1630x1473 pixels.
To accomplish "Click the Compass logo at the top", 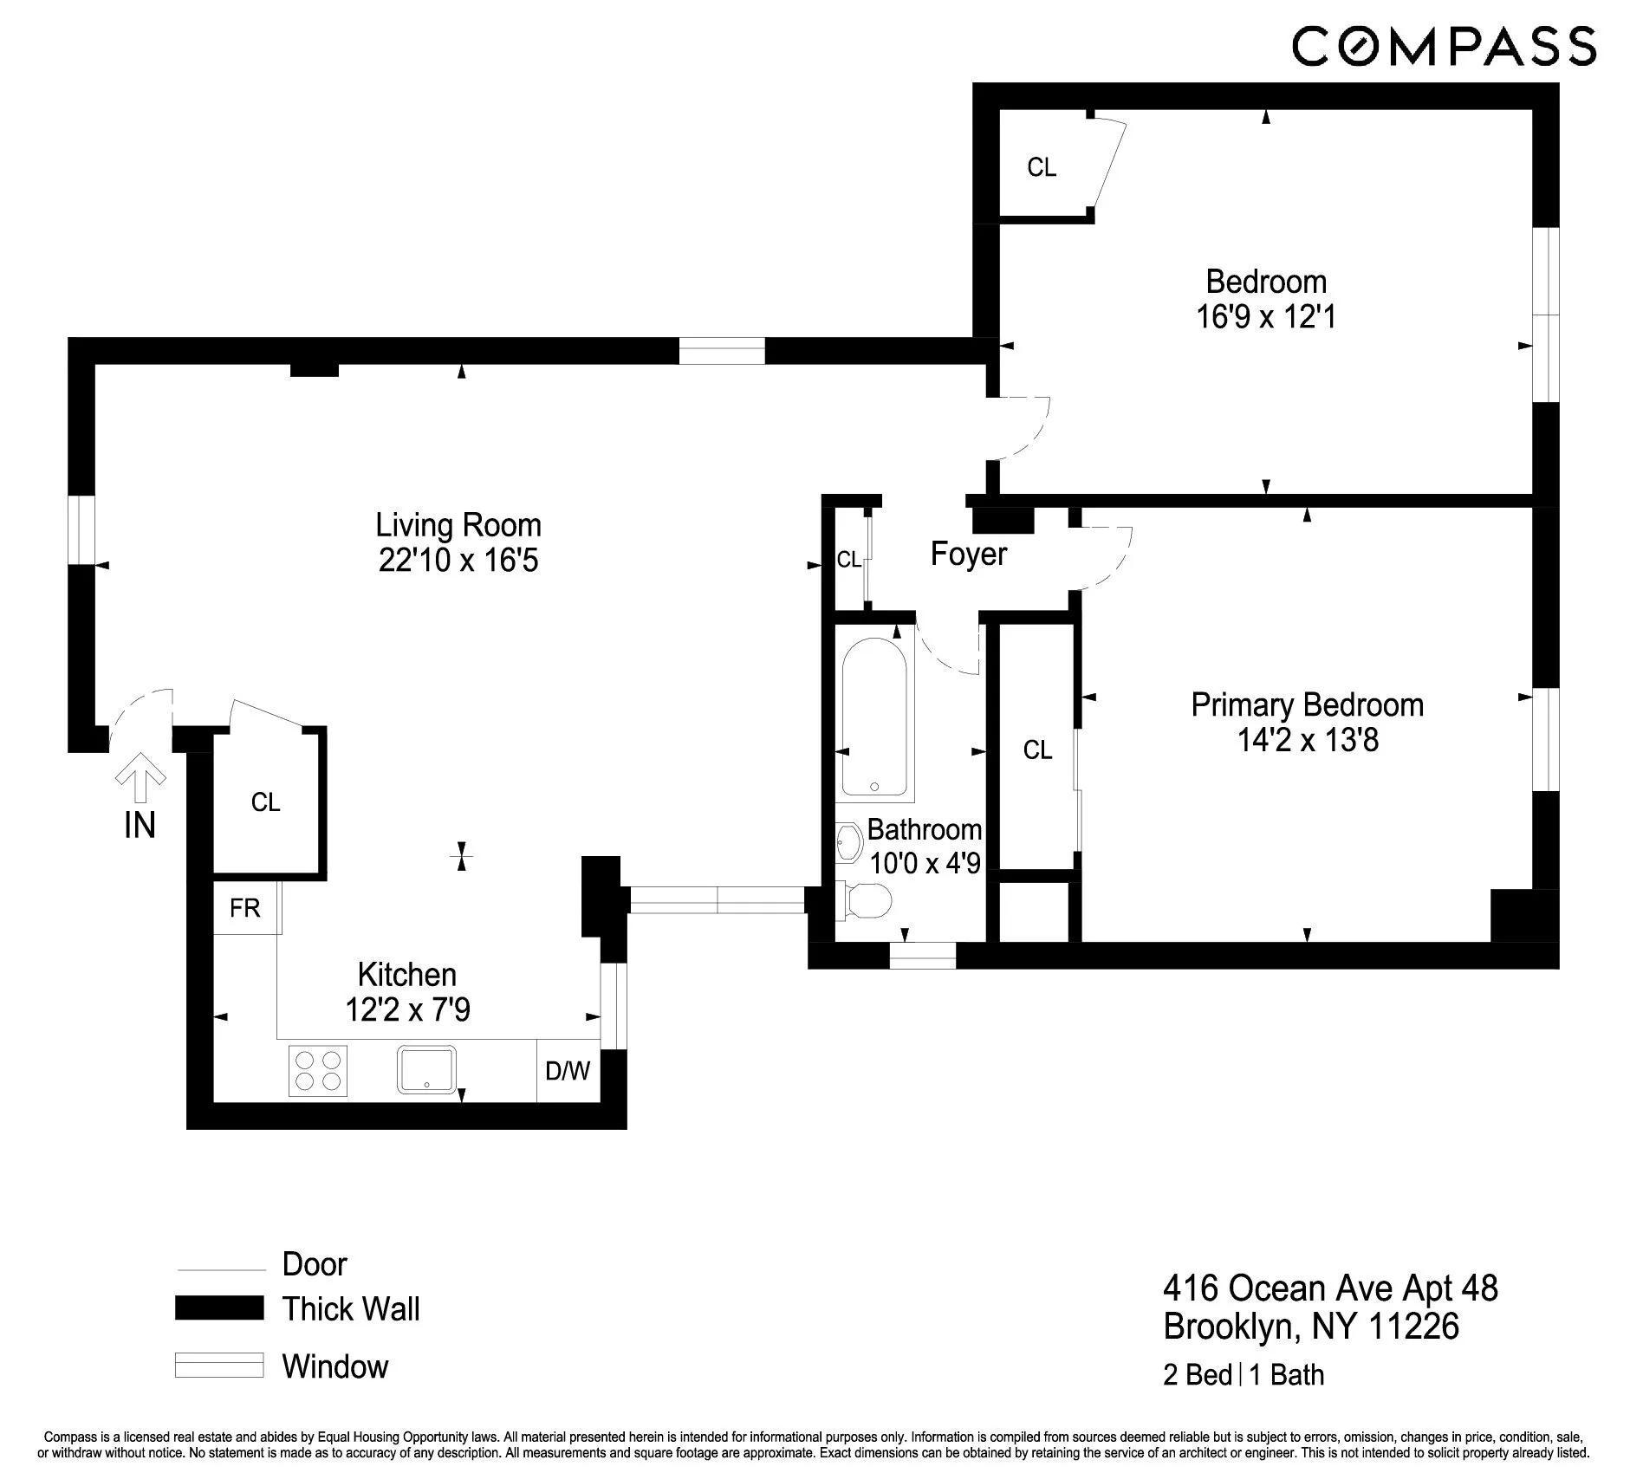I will tap(1443, 46).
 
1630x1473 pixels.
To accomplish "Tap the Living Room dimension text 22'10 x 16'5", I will tap(458, 561).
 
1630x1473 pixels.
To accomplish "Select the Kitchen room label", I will tap(406, 975).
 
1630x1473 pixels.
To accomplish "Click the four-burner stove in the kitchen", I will tap(317, 1071).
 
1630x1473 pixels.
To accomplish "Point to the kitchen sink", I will tap(426, 1069).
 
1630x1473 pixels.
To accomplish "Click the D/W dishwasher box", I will tap(568, 1071).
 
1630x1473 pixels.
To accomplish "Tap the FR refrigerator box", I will tap(245, 907).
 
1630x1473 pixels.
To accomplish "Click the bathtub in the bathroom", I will tap(874, 717).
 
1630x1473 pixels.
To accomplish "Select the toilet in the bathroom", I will tap(866, 901).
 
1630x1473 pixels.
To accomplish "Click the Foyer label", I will tap(968, 554).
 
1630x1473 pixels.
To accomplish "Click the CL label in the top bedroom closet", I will tap(1042, 167).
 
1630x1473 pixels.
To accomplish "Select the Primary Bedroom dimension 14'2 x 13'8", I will tap(1307, 741).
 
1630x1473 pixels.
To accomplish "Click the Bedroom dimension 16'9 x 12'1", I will tap(1266, 317).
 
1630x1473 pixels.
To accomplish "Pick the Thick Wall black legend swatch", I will tap(219, 1308).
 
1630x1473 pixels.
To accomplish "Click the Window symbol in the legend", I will tap(219, 1365).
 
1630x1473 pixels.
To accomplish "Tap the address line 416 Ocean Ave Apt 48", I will tap(1329, 1288).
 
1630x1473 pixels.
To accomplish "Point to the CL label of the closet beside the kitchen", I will tap(265, 802).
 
